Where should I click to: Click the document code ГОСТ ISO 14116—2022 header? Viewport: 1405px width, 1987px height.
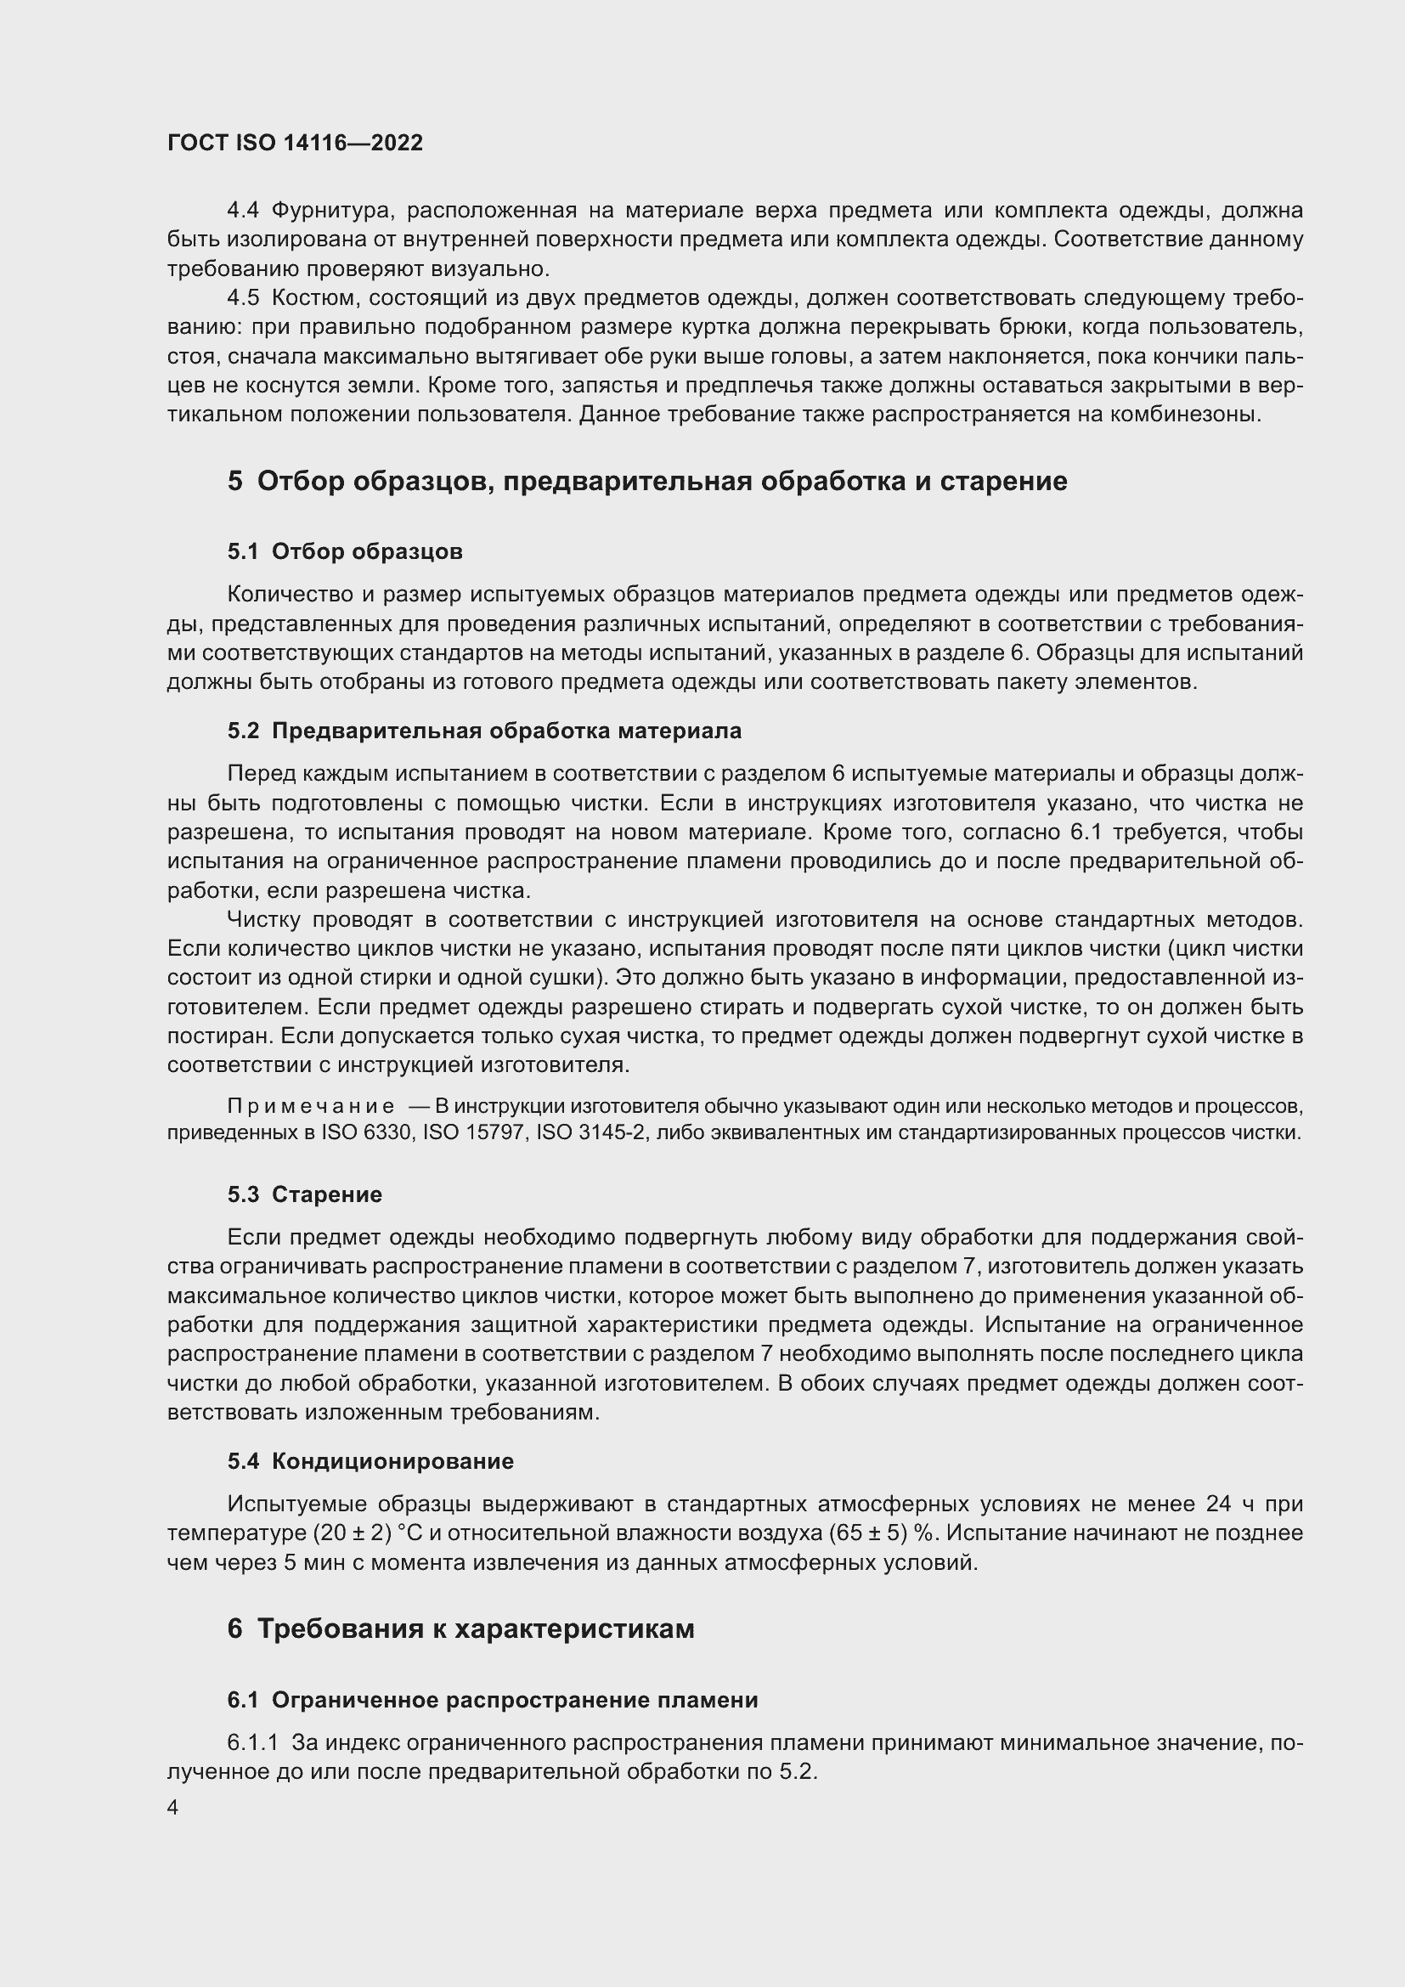tap(295, 143)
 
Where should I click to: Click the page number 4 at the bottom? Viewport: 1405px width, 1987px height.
tap(173, 1808)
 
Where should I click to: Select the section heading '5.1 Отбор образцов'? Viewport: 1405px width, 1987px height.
tap(344, 551)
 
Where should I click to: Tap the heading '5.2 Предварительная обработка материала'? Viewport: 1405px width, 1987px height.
tap(484, 731)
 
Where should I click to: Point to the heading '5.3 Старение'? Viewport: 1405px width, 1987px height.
tap(305, 1194)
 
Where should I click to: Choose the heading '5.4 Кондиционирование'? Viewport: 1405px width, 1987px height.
tap(370, 1461)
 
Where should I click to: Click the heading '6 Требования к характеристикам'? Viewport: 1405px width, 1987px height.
tap(460, 1629)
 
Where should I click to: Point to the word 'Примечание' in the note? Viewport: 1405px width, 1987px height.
tap(311, 1106)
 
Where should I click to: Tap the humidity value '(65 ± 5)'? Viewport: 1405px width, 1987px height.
tap(868, 1533)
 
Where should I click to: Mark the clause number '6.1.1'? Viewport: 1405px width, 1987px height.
tap(252, 1742)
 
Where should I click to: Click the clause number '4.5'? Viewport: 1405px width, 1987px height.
tap(243, 297)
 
